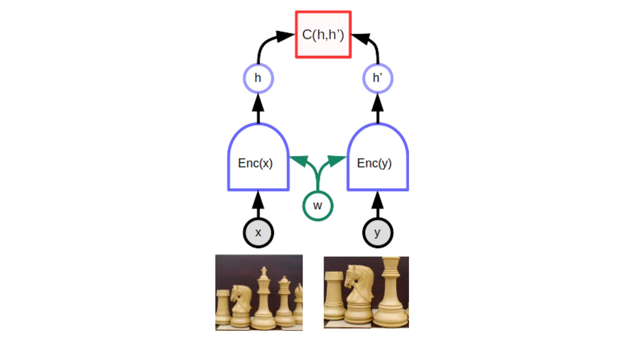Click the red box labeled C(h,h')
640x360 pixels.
click(x=323, y=35)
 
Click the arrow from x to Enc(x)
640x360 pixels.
click(x=258, y=204)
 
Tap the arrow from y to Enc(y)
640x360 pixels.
click(x=378, y=204)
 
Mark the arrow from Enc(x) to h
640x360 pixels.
click(x=258, y=108)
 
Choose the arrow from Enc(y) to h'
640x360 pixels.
click(x=378, y=108)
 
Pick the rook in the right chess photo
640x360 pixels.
click(x=334, y=295)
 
